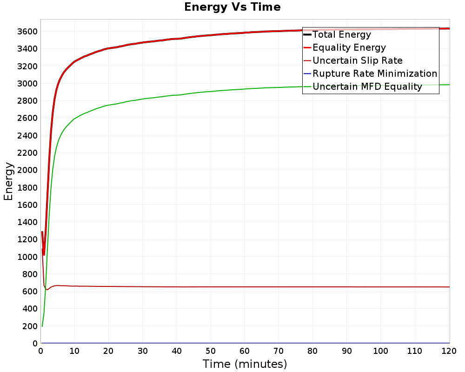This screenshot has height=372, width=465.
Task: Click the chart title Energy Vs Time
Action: coord(232,7)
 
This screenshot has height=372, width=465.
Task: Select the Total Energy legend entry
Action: coord(342,34)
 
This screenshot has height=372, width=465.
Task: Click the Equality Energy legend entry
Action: coord(349,47)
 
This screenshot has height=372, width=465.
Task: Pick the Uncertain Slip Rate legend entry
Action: coord(358,60)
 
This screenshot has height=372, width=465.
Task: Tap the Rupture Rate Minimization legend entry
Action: coord(375,73)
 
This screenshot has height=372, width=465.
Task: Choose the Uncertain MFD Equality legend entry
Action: coord(367,86)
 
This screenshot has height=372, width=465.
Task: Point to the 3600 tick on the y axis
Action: coord(27,32)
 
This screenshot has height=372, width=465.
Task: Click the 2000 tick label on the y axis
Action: coord(27,170)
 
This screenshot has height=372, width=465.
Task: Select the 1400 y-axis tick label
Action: coord(27,222)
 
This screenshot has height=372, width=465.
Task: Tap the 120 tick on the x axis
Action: coord(449,351)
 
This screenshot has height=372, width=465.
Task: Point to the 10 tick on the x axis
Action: coord(74,351)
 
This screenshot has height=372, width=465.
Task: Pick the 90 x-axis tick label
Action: coord(347,351)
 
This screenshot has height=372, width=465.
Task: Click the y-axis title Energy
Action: coord(8,181)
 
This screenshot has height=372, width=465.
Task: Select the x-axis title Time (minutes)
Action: coord(245,364)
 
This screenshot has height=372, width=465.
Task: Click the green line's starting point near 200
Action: coord(42,326)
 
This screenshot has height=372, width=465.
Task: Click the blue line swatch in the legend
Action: coord(307,73)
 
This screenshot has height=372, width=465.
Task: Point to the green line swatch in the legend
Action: coord(307,86)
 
